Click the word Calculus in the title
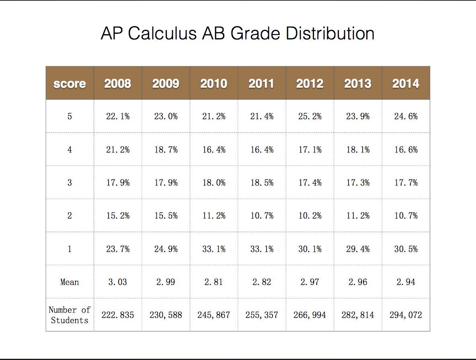(162, 33)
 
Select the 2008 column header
(118, 84)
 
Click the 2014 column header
(406, 84)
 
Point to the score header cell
(70, 84)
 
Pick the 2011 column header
(261, 84)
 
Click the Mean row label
(70, 282)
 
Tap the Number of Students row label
(70, 315)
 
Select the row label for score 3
(70, 183)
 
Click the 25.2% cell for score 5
(310, 116)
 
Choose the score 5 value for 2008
(118, 116)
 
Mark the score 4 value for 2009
(166, 150)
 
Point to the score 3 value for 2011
(262, 183)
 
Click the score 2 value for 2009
(166, 216)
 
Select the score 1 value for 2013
(358, 249)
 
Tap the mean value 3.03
(118, 282)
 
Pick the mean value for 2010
(214, 282)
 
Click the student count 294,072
(406, 315)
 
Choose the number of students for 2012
(310, 315)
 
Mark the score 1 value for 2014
(406, 249)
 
